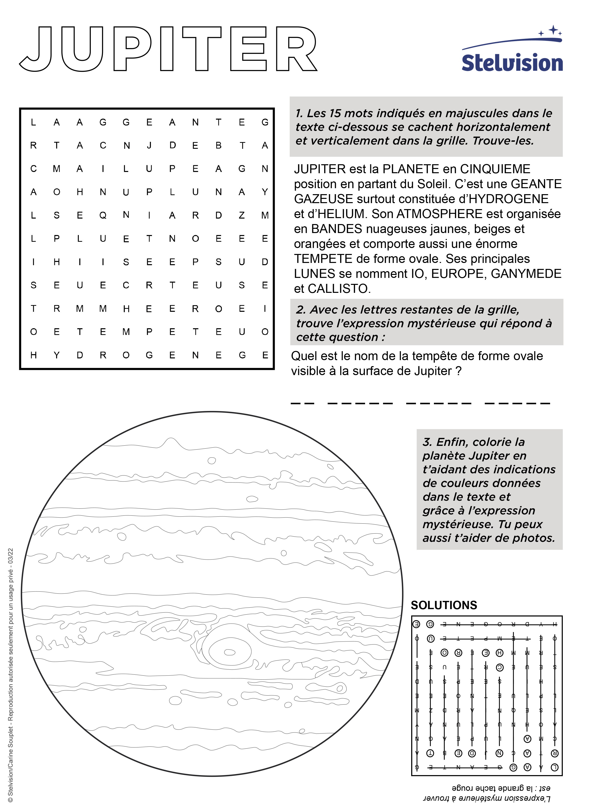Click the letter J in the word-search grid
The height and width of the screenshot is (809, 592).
click(149, 145)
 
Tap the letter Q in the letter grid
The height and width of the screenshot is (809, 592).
click(103, 215)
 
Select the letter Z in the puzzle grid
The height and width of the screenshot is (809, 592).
click(242, 215)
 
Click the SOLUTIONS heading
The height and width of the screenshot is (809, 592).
click(444, 605)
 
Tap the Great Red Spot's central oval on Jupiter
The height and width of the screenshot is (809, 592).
click(230, 652)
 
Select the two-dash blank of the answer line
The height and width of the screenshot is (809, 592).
click(302, 404)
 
